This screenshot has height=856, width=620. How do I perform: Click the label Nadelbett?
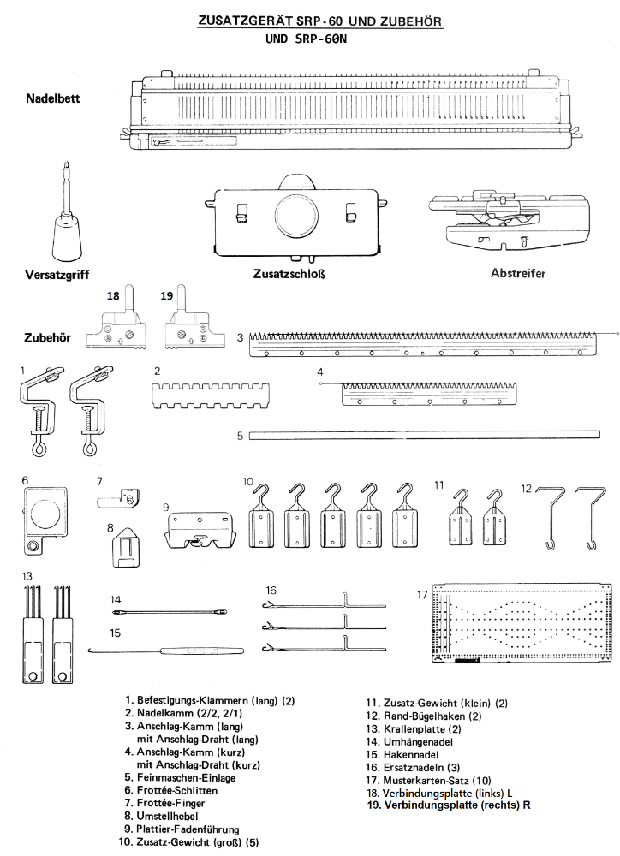(x=52, y=98)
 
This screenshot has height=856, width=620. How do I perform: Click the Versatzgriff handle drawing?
(x=67, y=227)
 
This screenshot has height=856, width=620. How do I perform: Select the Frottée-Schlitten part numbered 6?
(x=43, y=515)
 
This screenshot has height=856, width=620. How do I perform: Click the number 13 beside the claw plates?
(x=28, y=576)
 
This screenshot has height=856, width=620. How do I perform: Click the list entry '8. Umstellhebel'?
(x=175, y=817)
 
